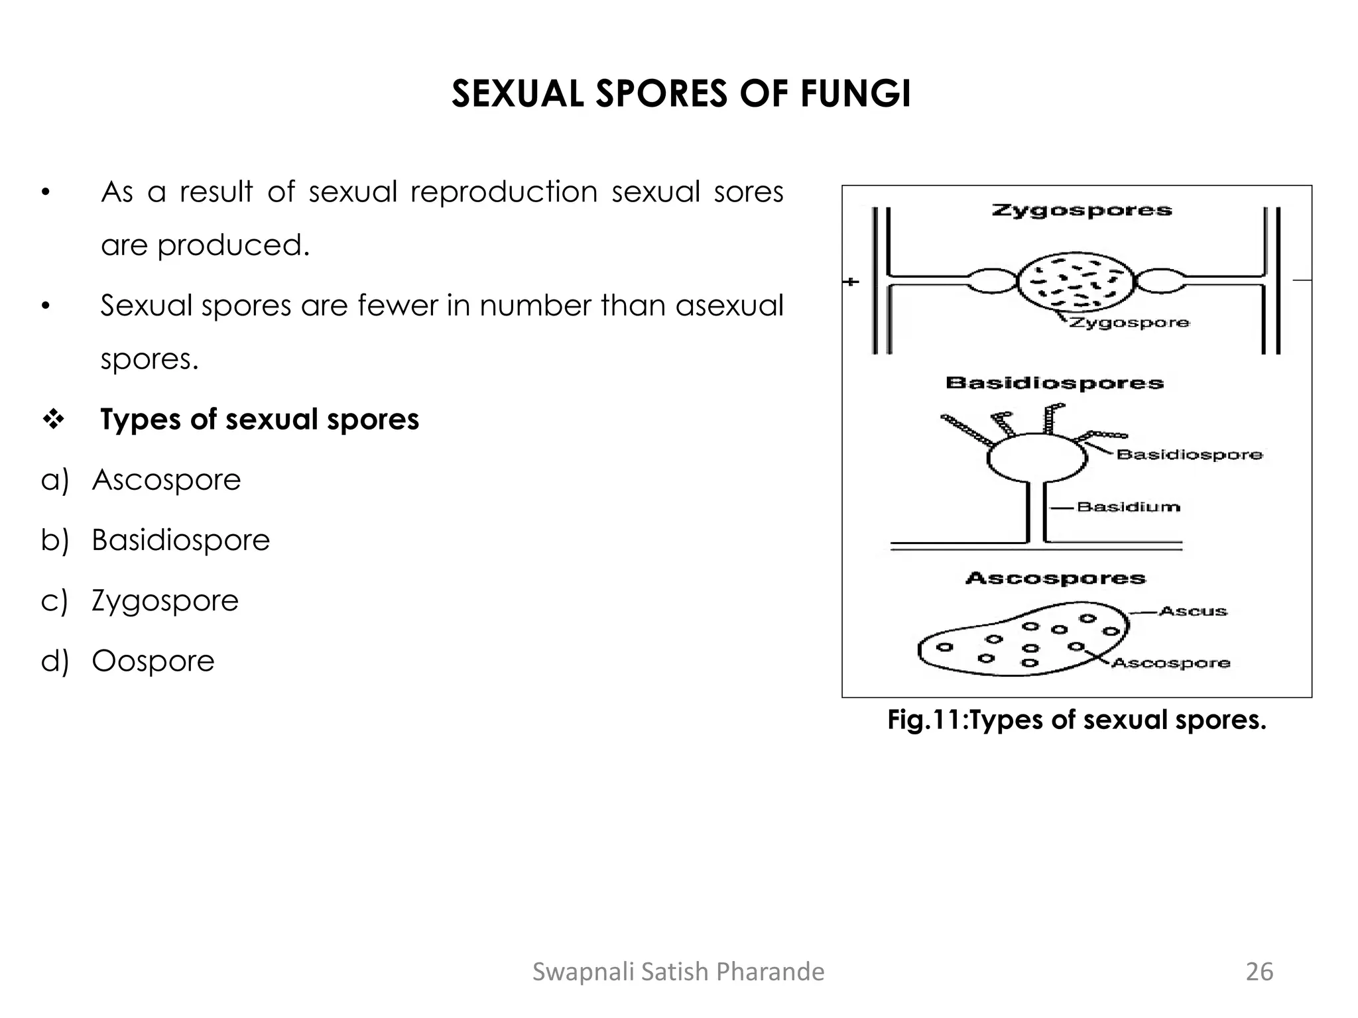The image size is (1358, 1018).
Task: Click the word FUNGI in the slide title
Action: point(855,93)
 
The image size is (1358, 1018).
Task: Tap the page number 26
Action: point(1259,972)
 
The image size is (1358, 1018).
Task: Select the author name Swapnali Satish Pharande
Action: point(678,972)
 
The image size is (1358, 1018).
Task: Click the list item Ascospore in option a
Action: point(166,480)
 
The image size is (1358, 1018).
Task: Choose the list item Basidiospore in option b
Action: point(180,540)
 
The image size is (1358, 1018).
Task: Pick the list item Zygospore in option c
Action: point(165,600)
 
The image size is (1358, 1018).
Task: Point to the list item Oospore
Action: point(153,661)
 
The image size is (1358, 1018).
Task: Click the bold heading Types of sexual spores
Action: point(259,420)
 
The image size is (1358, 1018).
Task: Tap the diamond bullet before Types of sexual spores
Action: point(52,420)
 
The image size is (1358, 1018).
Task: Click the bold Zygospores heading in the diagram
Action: point(1081,211)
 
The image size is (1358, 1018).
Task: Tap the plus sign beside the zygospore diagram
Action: point(851,282)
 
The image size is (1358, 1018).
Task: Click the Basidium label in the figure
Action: point(1129,507)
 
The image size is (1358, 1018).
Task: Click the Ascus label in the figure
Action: point(1194,611)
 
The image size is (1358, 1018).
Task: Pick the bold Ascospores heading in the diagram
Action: point(1055,579)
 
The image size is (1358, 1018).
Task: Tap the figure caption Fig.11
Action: point(1077,720)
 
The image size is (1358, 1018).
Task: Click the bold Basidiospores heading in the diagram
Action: point(1054,383)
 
